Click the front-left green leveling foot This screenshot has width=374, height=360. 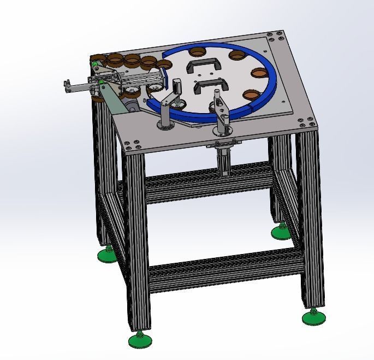coord(140,341)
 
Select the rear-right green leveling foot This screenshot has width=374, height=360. coord(281,233)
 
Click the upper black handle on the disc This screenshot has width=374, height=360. coord(201,66)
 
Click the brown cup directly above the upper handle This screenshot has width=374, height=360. coord(197,52)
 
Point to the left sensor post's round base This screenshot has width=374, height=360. coord(165,127)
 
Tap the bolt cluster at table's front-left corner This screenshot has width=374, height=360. coord(132,145)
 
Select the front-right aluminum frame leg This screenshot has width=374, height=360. coord(311,219)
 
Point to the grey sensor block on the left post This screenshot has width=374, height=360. coord(177,86)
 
